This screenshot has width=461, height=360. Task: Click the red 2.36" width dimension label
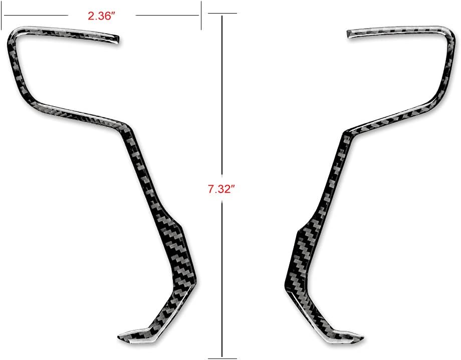(101, 16)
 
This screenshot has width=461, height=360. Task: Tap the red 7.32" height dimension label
(222, 189)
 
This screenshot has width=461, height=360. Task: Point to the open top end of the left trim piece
(117, 40)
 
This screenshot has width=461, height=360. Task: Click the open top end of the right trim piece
(349, 34)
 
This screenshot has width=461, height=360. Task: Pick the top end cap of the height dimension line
(222, 13)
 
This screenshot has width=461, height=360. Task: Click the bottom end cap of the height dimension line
(222, 358)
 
